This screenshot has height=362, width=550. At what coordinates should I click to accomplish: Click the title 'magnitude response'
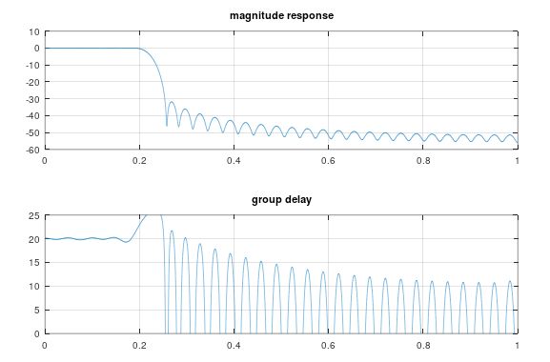(x=281, y=16)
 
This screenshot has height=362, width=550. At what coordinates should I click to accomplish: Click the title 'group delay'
(x=281, y=201)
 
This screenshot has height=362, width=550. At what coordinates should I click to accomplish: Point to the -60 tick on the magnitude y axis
(x=33, y=150)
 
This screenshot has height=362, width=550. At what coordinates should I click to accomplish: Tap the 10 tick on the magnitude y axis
(x=35, y=31)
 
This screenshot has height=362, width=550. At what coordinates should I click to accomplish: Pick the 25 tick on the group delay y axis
(x=35, y=215)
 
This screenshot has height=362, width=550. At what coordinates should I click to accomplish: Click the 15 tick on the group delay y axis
(x=35, y=263)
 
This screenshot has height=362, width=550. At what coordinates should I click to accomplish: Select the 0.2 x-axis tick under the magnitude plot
(x=139, y=160)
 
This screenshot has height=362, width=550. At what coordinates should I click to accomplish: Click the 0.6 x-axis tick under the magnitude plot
(x=328, y=160)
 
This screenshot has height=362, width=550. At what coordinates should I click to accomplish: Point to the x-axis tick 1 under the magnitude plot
(x=517, y=160)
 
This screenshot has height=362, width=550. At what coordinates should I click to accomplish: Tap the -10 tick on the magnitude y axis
(x=33, y=65)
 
